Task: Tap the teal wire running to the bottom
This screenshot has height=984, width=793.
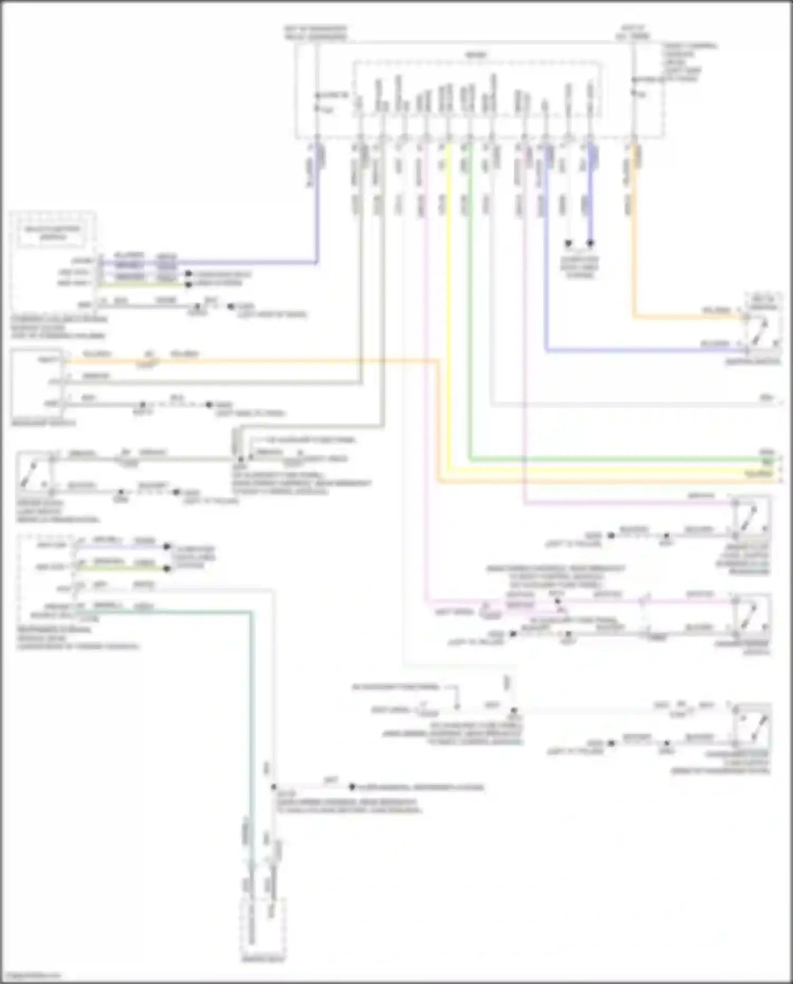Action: tap(251, 740)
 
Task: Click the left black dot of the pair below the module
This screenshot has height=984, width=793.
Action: tap(568, 244)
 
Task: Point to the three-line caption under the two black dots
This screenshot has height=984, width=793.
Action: tap(579, 268)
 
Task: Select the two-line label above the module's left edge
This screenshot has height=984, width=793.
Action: tap(316, 33)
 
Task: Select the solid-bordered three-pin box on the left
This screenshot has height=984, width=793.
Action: tap(38, 383)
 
